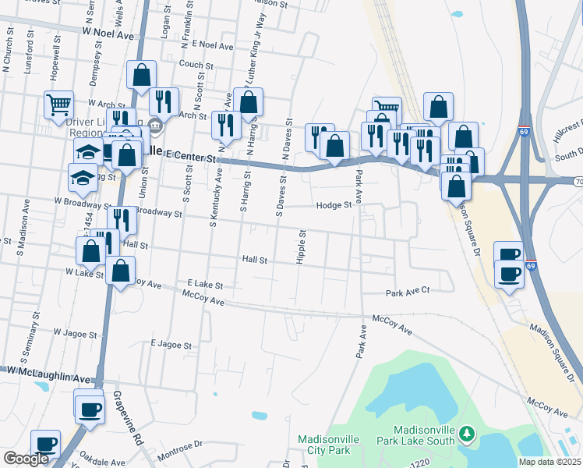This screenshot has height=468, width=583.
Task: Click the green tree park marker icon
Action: (x=467, y=433)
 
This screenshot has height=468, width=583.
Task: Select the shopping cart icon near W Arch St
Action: (x=59, y=105)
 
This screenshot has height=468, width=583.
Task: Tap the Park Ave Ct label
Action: (x=408, y=292)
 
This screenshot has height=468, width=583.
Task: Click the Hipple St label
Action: (x=301, y=247)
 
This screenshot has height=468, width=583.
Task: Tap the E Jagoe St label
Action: (x=171, y=344)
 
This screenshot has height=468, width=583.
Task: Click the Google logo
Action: (x=26, y=459)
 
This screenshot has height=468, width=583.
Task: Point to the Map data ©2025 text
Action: (x=549, y=462)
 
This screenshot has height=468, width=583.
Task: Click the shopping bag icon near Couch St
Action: (x=142, y=76)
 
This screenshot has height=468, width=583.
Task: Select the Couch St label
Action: (x=191, y=65)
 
